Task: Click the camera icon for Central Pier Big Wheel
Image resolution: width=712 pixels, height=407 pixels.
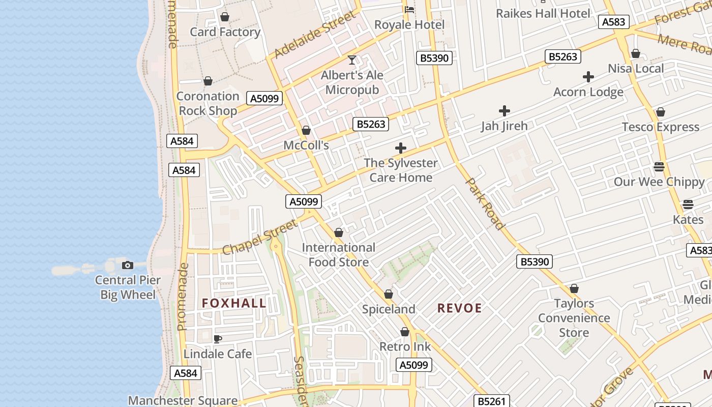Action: [128, 265]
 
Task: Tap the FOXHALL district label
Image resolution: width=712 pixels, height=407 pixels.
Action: [234, 303]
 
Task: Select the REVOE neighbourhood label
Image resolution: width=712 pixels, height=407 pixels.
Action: [460, 308]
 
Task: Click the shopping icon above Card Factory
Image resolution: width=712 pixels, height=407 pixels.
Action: [225, 17]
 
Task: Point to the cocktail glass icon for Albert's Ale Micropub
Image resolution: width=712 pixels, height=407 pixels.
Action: [352, 60]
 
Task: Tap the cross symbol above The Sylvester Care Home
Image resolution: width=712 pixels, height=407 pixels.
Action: [401, 148]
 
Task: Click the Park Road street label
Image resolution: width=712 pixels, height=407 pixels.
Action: [485, 203]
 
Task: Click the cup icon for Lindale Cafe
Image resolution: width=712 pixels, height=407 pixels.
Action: [218, 339]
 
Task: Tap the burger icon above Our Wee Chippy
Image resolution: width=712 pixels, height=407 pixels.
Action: [659, 167]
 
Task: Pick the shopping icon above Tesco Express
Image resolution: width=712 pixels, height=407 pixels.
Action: [661, 112]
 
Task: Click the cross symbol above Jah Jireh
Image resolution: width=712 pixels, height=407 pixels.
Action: [505, 110]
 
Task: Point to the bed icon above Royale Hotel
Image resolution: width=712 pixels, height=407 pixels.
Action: [409, 10]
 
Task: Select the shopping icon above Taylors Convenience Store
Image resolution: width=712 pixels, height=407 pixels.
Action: [574, 288]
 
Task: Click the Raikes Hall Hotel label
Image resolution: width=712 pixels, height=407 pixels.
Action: [543, 13]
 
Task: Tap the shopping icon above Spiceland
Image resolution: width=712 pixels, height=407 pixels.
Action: [389, 294]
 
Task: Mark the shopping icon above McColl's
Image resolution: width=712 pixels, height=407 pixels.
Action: [306, 130]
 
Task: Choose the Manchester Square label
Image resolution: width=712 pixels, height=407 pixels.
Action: [183, 400]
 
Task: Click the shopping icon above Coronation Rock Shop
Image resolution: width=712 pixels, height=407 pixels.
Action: [207, 81]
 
